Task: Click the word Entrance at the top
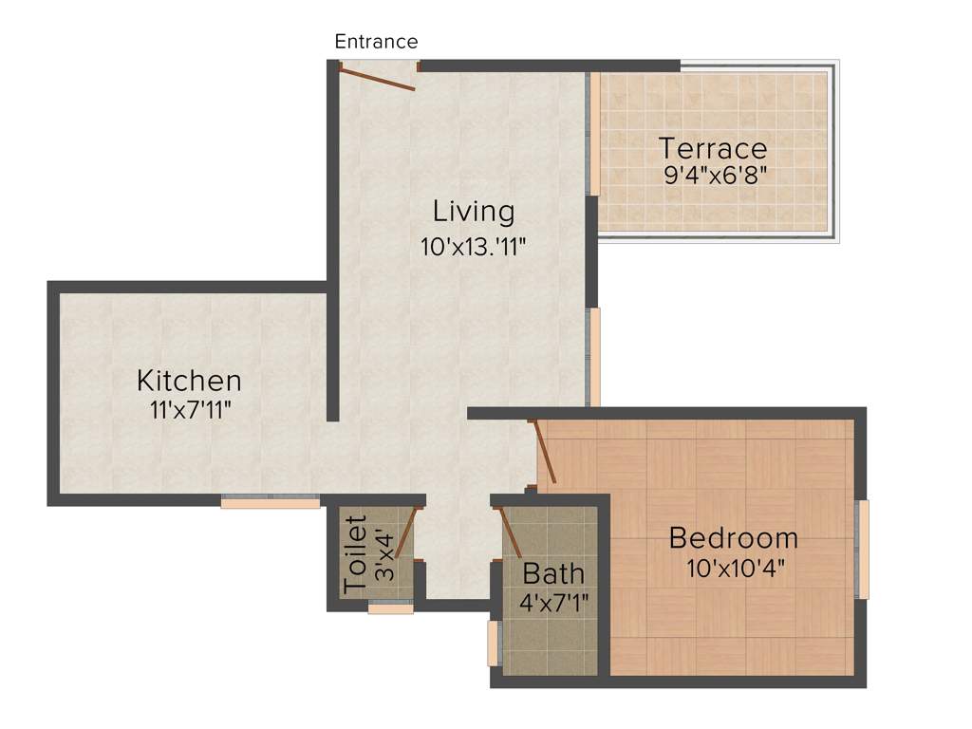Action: pyautogui.click(x=376, y=42)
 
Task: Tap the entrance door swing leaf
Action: pyautogui.click(x=379, y=80)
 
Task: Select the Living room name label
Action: pyautogui.click(x=474, y=211)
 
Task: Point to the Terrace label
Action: pyautogui.click(x=713, y=149)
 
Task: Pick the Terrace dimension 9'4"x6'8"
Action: pyautogui.click(x=715, y=175)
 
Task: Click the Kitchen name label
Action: pyautogui.click(x=189, y=381)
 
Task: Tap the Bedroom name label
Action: pyautogui.click(x=733, y=538)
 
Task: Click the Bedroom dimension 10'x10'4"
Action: pyautogui.click(x=736, y=569)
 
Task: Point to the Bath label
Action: pyautogui.click(x=553, y=574)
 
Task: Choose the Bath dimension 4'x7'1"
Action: pyautogui.click(x=554, y=602)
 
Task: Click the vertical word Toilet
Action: pyautogui.click(x=356, y=554)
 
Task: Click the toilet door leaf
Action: pyautogui.click(x=407, y=533)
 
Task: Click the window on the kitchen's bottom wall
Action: pyautogui.click(x=271, y=503)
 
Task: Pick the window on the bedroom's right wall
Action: pyautogui.click(x=863, y=549)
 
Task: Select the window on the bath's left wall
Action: pyautogui.click(x=494, y=643)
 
